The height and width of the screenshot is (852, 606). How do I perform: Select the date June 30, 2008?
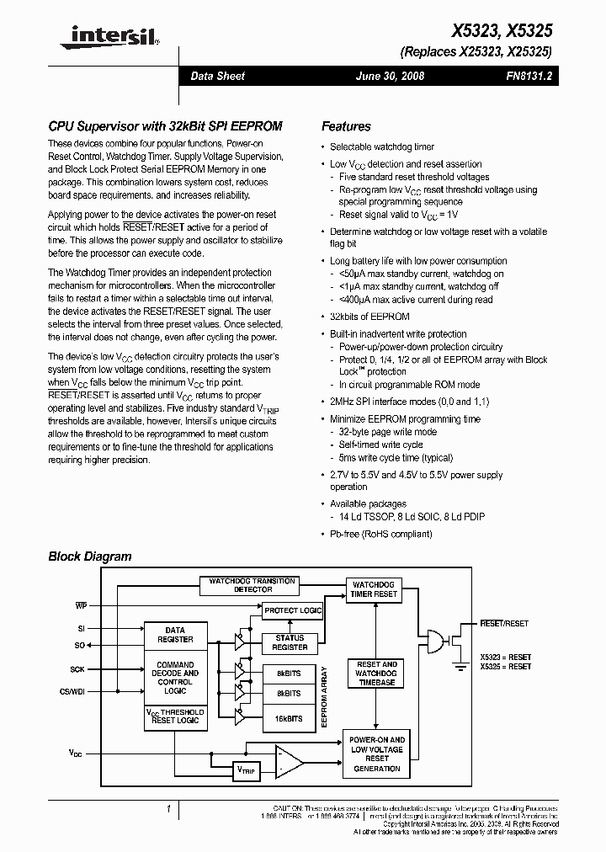pyautogui.click(x=391, y=76)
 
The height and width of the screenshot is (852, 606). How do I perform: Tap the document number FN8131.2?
pyautogui.click(x=529, y=76)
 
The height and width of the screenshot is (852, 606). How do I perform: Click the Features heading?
pyautogui.click(x=346, y=126)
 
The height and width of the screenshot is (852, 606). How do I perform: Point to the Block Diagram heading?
pyautogui.click(x=90, y=556)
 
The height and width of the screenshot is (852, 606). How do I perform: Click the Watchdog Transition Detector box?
pyautogui.click(x=252, y=585)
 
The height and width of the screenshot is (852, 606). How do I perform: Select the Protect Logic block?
pyautogui.click(x=293, y=610)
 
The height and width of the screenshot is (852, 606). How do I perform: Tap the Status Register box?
pyautogui.click(x=290, y=642)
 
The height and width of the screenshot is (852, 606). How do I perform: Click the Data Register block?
pyautogui.click(x=175, y=634)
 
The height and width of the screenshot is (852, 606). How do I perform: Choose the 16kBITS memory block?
pyautogui.click(x=290, y=718)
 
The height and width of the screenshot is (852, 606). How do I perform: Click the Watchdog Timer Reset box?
pyautogui.click(x=375, y=589)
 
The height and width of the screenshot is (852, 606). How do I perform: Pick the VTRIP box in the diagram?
pyautogui.click(x=246, y=769)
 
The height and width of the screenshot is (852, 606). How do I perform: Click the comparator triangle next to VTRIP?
pyautogui.click(x=290, y=763)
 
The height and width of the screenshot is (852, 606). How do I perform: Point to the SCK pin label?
pyautogui.click(x=78, y=669)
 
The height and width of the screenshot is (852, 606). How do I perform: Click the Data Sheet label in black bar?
pyautogui.click(x=217, y=76)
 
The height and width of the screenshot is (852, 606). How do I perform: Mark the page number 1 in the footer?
pyautogui.click(x=169, y=809)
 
